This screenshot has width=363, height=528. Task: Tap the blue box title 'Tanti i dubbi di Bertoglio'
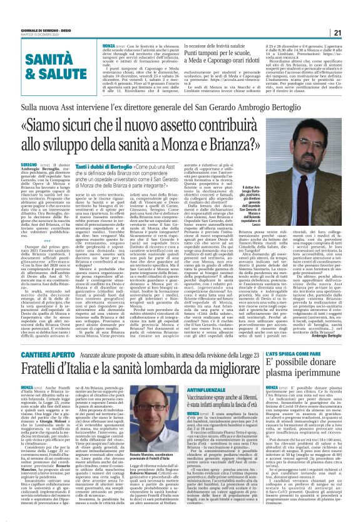(x=115, y=163)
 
